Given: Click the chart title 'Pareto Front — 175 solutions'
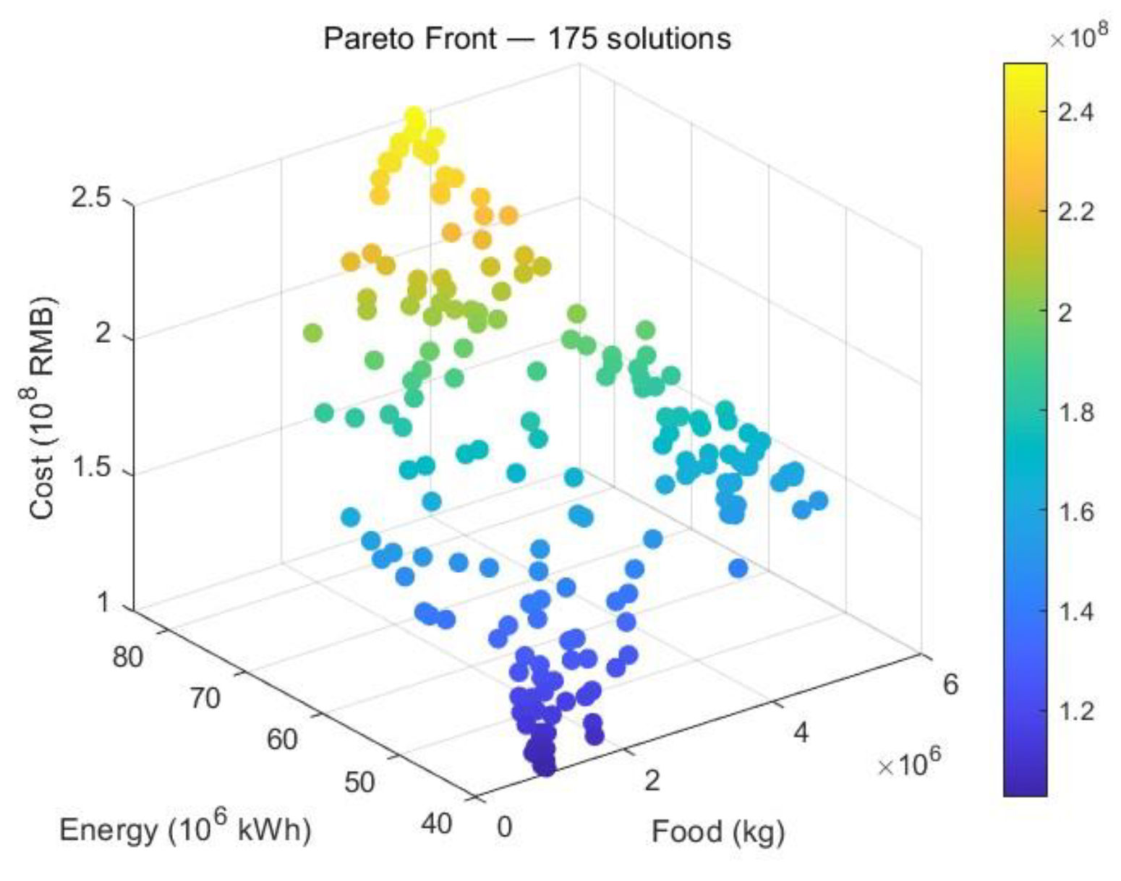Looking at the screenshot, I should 527,38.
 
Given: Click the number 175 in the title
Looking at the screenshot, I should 571,38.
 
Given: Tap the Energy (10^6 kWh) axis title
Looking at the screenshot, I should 185,829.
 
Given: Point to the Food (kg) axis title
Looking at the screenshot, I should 717,832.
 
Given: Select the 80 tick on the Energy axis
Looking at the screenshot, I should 128,657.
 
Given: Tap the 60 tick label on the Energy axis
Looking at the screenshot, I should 282,739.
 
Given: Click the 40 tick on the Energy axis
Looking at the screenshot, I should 436,823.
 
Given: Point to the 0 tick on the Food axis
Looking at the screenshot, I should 504,825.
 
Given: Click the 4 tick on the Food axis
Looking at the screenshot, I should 801,733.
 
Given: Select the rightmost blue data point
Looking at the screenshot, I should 818,500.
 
